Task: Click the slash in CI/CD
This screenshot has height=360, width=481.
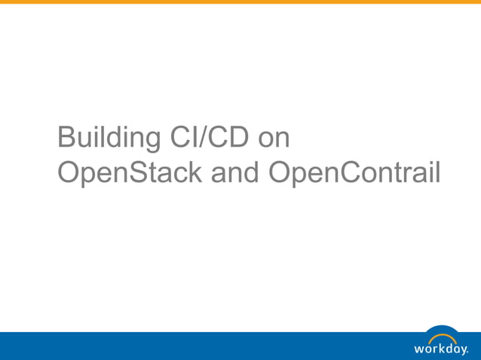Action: (x=203, y=139)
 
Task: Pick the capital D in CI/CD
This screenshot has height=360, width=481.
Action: (x=234, y=139)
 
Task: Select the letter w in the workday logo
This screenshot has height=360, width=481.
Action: (x=420, y=349)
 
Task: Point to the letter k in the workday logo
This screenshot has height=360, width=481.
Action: (x=440, y=348)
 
